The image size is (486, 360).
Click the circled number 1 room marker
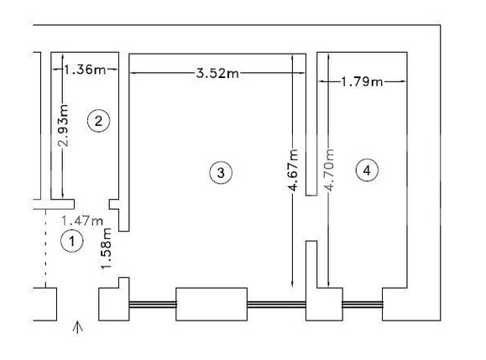point(72,241)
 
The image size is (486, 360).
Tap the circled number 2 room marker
point(98,121)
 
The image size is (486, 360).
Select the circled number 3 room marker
point(221,172)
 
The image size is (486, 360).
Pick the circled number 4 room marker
point(367,170)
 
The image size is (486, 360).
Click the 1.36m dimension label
point(85,70)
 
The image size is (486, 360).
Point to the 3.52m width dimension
point(217,73)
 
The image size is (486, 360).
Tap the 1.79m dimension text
point(362,81)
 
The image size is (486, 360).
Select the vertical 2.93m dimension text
point(63,125)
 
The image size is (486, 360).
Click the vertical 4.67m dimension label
point(293,170)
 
